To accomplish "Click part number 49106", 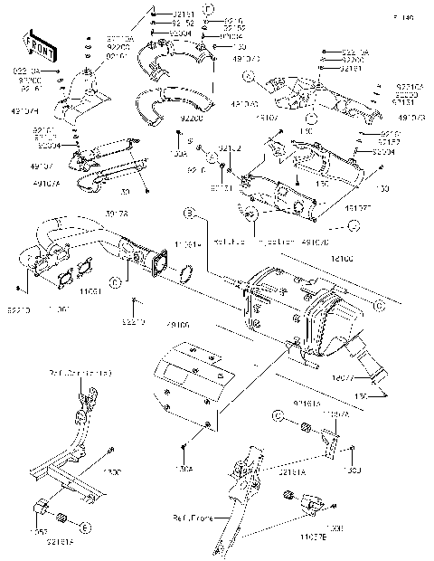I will point(177,323).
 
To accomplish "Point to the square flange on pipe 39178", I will point(154,262).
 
